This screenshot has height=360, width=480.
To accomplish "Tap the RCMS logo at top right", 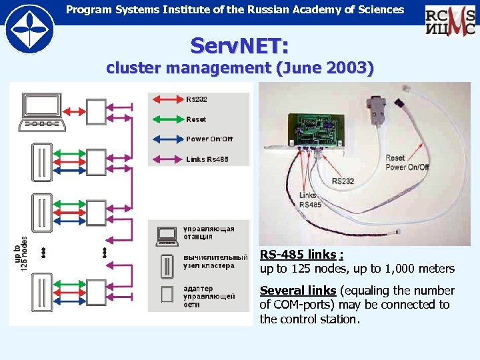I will pos(450,20).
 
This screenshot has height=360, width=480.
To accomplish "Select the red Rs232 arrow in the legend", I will pos(167,99).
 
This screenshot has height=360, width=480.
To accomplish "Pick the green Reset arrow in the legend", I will pos(167,119).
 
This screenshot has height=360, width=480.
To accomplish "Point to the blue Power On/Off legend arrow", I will pos(167,139).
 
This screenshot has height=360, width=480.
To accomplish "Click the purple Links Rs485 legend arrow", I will pos(167,159).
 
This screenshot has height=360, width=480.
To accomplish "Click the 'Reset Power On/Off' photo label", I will pos(407,163).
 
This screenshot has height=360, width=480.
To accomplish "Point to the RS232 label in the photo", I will pos(343,181).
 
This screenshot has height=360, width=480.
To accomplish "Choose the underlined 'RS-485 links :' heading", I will pos(301,255).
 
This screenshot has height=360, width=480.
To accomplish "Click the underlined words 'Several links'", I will pos(297,291).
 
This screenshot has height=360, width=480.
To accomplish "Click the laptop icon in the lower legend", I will pos(166,234).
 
